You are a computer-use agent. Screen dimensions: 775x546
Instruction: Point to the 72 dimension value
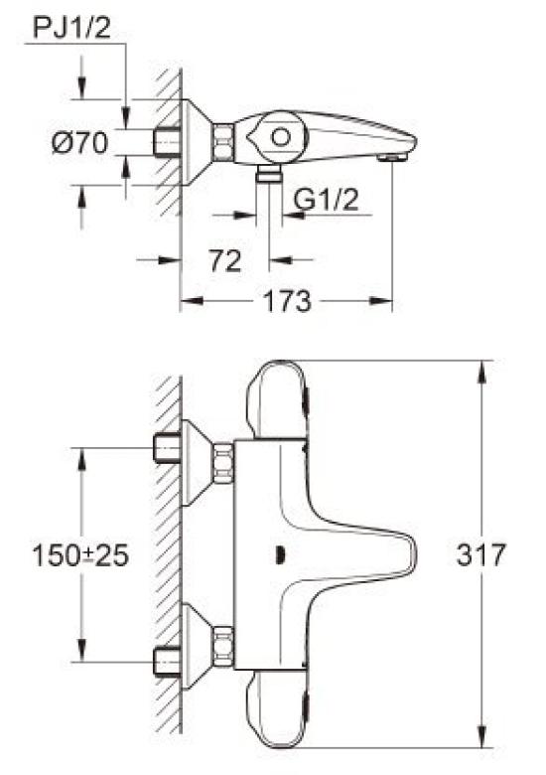point(225,260)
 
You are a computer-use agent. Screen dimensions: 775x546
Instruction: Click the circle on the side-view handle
point(283,138)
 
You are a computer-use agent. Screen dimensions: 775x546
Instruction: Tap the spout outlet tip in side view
point(398,155)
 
